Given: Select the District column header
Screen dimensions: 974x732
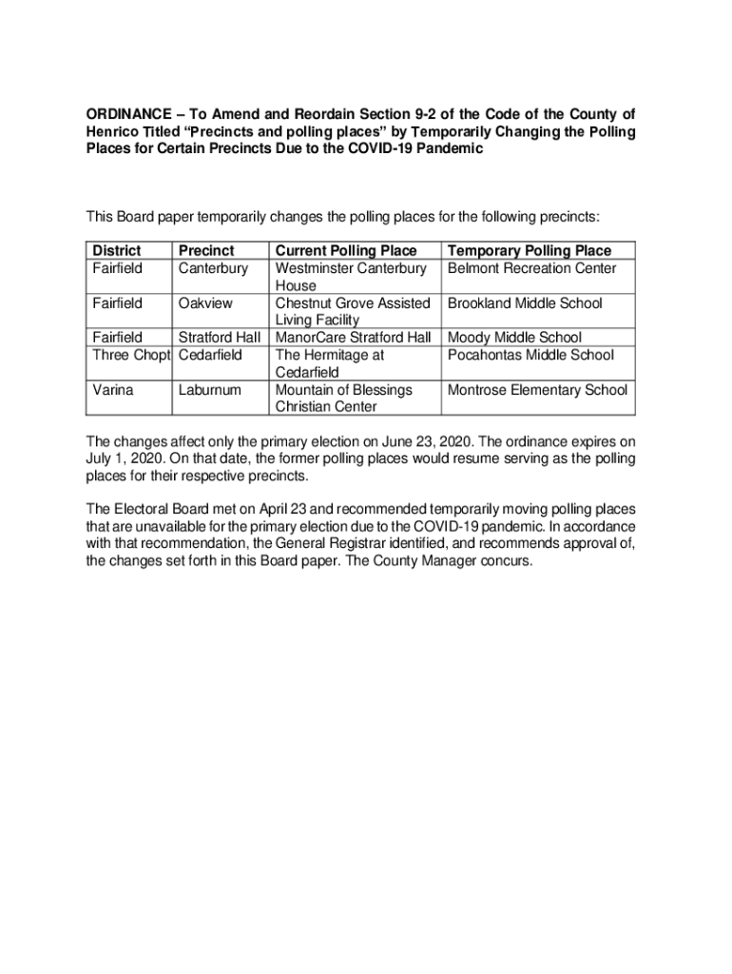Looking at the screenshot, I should click(x=116, y=250).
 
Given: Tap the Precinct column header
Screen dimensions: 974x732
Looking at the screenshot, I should click(x=206, y=250).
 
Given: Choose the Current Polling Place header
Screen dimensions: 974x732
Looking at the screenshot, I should click(x=346, y=250).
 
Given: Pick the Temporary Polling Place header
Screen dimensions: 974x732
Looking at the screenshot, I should click(x=530, y=250).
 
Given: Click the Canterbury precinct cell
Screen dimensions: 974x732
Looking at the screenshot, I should click(x=213, y=268).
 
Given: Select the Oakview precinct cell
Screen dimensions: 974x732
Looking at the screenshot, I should click(x=205, y=303).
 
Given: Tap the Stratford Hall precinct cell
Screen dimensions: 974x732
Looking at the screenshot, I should click(x=220, y=338).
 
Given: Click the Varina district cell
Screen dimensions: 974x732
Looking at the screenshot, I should click(x=113, y=390).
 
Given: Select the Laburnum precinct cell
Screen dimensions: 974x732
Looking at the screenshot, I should click(x=210, y=390).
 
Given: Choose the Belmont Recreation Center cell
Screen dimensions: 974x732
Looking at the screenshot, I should click(x=531, y=268).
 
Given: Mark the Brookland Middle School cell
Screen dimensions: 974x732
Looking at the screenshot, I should click(x=525, y=303).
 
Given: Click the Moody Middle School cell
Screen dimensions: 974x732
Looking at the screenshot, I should click(x=514, y=338).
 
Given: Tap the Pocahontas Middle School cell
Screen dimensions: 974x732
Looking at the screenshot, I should click(x=530, y=355).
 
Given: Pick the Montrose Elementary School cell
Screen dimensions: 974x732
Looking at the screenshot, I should click(x=537, y=390).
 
